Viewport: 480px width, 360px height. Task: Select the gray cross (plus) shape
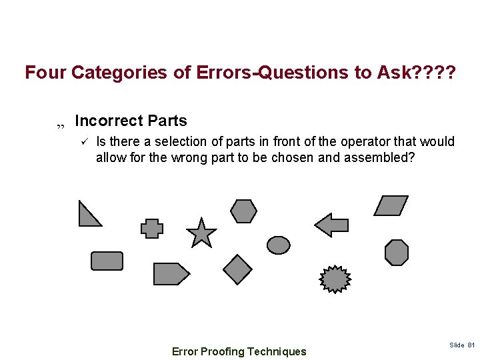tap(152, 229)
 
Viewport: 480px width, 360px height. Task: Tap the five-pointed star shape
tap(201, 233)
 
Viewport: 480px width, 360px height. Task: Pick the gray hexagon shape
tap(244, 211)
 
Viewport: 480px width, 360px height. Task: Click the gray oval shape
tap(279, 245)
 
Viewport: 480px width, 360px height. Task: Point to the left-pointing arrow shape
tap(331, 225)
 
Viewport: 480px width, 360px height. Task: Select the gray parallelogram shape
tap(391, 205)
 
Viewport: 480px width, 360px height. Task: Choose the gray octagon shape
tap(397, 253)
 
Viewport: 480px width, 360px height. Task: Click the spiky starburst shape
tap(335, 279)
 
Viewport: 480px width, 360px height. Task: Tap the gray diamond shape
tap(237, 269)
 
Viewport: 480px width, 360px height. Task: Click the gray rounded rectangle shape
tap(107, 261)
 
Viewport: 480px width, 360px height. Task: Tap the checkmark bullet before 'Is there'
tap(84, 141)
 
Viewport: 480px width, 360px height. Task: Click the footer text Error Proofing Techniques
tap(239, 351)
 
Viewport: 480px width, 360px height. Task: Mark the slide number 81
tap(471, 345)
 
